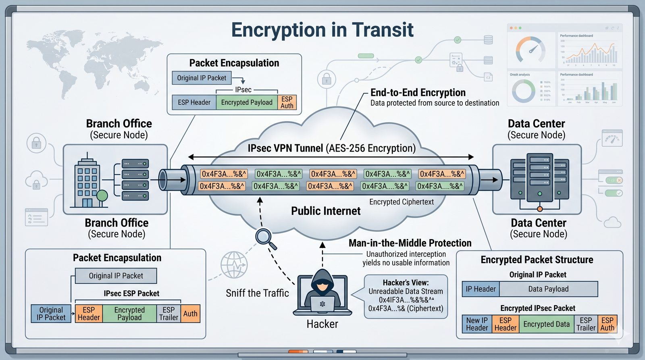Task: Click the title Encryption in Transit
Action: [322, 30]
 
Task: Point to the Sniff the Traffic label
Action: [257, 293]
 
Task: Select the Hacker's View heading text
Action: [406, 283]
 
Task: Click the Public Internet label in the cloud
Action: [326, 211]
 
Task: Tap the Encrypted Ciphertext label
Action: [402, 202]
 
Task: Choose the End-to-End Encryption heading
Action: [418, 93]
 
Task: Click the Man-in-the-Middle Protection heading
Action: [410, 243]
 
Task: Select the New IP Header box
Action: [477, 324]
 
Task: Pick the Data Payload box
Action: [548, 289]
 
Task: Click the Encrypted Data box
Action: [546, 324]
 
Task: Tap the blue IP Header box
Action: [481, 289]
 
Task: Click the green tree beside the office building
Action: [102, 196]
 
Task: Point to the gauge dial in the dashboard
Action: [531, 50]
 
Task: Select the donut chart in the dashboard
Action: [523, 91]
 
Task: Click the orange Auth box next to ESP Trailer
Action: [190, 314]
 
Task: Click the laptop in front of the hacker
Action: [322, 304]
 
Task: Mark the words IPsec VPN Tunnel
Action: [285, 148]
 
